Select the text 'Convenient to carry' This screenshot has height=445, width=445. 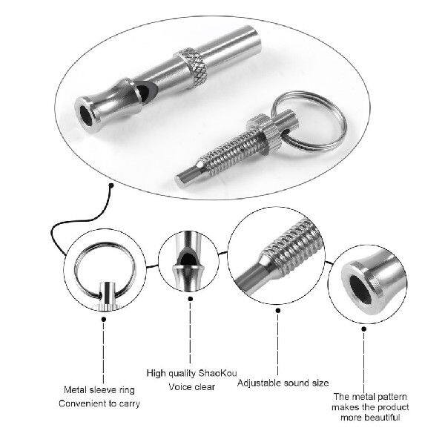(99, 403)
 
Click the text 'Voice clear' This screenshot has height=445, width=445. (176, 386)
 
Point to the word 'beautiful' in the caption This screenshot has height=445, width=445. (380, 418)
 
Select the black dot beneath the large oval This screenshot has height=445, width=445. (108, 185)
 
